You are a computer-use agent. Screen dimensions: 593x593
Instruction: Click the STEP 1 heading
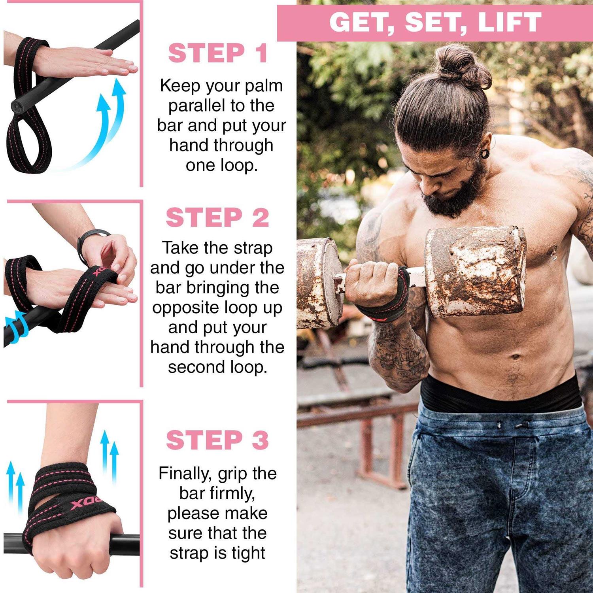[x=218, y=53]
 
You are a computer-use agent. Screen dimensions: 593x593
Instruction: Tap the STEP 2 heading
[x=217, y=217]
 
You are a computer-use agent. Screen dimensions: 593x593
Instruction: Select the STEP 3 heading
[x=217, y=440]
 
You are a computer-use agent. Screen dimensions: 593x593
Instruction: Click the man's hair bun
[x=463, y=65]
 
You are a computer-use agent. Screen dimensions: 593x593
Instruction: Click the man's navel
[x=515, y=358]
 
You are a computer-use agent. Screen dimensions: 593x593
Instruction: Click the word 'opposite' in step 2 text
[x=186, y=308]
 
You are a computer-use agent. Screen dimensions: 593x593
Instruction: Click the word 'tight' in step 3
[x=248, y=553]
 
